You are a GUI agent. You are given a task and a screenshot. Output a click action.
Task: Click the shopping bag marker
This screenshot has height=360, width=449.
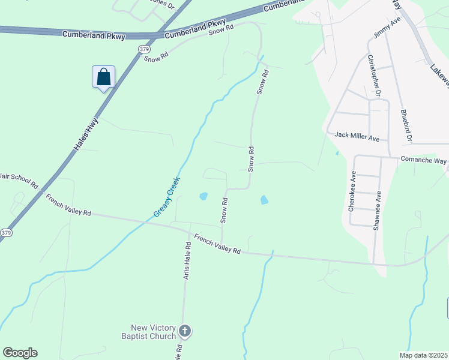point(103,77)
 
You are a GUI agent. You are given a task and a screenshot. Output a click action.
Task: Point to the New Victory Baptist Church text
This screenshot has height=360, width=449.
point(154,332)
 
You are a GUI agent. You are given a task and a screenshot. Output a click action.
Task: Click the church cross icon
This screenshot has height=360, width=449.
point(185,331)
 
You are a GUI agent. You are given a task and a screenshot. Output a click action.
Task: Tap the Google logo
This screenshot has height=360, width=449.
point(20,353)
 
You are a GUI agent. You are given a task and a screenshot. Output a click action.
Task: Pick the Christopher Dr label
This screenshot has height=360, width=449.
point(375,75)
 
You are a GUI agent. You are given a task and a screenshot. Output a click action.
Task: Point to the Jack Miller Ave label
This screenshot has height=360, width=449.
point(357,137)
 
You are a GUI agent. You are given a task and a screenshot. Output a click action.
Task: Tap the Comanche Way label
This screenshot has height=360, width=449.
point(424,161)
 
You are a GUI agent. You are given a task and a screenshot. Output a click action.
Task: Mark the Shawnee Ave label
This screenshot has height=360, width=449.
point(378,211)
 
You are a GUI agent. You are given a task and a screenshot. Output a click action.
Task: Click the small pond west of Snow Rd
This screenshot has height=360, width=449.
point(203,196)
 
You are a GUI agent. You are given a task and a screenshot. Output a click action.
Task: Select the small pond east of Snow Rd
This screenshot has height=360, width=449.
point(264,200)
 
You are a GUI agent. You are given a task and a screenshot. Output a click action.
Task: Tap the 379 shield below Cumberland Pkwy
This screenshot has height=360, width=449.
point(143,49)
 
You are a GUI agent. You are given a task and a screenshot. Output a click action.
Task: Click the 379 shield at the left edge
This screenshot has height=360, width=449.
point(5,232)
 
